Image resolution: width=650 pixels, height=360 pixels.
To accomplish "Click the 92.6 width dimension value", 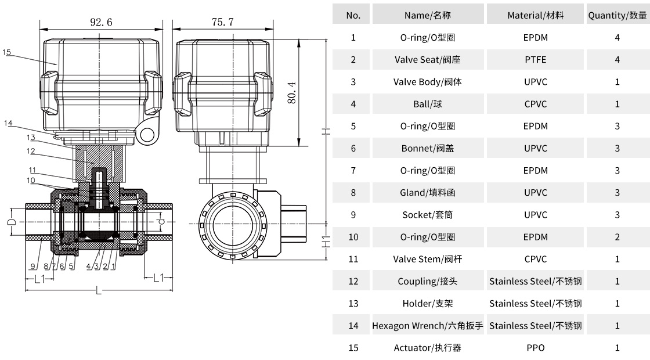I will (101, 22).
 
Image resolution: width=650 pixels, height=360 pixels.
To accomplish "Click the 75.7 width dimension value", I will (223, 22).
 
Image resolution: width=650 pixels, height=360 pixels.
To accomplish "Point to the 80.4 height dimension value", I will (292, 92).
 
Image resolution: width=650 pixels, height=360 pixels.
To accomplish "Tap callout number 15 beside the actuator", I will (7, 52).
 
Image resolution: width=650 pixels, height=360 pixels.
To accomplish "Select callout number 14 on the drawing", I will (8, 123).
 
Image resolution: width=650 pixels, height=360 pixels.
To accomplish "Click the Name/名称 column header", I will (428, 16).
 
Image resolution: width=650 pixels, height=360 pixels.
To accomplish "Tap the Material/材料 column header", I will (535, 16).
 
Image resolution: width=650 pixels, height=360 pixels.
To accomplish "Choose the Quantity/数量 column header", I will (617, 16).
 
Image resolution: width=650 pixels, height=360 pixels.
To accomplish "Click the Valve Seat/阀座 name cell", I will (428, 60).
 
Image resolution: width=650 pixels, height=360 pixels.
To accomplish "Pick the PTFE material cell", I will (535, 60).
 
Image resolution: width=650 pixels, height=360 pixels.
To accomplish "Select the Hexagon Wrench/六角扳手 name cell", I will (428, 326).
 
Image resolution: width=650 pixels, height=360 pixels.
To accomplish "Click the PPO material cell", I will (535, 348).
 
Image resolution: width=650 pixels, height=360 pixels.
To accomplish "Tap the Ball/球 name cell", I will (428, 104).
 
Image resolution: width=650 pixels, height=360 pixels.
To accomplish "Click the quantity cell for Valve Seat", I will (617, 60).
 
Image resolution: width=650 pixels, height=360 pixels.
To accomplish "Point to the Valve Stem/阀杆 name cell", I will (428, 259).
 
